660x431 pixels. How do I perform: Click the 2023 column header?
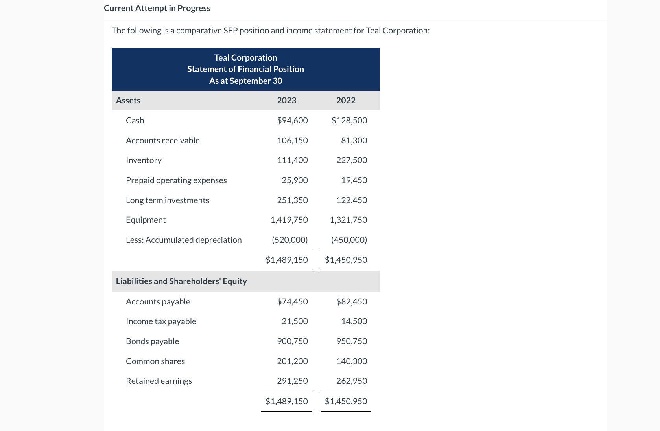coord(286,100)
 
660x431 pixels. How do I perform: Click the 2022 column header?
coord(346,100)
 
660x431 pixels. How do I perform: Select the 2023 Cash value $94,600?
coord(292,120)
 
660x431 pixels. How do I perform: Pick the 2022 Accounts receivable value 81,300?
coord(354,140)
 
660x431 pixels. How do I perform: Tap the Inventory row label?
coord(144,160)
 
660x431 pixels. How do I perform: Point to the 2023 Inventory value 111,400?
coord(292,160)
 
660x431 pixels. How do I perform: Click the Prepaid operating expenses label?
coord(176,180)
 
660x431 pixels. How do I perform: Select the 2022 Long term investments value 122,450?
coord(352,200)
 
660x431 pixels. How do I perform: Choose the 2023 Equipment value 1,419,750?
coord(289,220)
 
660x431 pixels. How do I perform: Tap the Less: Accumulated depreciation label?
coord(184,240)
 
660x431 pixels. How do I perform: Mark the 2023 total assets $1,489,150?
coord(287,260)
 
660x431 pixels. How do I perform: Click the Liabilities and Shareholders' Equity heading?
coord(181,281)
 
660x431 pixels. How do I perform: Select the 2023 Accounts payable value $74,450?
coord(292,301)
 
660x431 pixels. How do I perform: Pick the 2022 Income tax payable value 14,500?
coord(354,321)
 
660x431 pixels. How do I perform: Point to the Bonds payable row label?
coord(152,341)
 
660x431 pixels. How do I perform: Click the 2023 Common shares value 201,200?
coord(292,361)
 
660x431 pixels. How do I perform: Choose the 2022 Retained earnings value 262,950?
coord(352,381)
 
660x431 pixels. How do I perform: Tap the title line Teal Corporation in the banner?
coord(245,57)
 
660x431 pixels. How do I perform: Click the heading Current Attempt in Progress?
coord(157,8)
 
